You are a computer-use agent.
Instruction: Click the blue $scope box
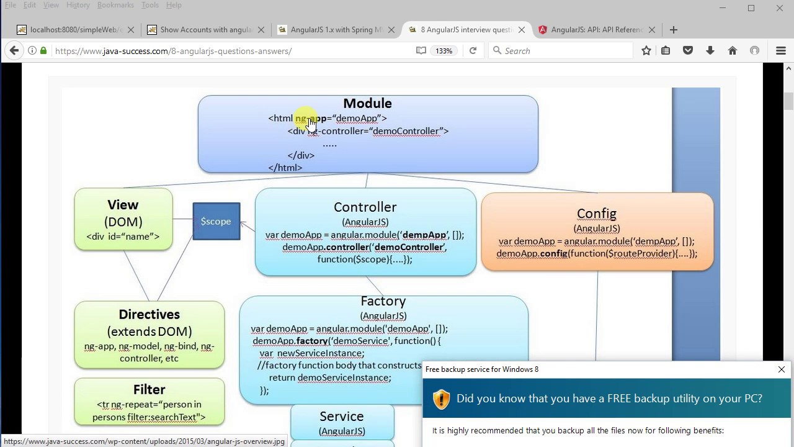216,222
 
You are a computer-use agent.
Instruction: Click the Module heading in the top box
367,104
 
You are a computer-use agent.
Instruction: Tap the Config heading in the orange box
596,214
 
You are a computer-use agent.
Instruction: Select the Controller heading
365,207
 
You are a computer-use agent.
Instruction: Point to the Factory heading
383,301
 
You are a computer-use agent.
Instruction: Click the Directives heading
149,315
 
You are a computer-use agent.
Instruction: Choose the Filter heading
149,390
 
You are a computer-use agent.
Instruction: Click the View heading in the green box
123,205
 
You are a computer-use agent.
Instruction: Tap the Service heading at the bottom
341,417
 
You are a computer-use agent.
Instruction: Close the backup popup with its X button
781,369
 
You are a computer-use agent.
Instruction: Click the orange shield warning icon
441,399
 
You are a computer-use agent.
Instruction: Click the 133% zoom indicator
444,51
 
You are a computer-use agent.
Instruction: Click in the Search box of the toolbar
564,51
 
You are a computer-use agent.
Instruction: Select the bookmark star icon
646,51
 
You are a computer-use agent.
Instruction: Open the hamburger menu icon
780,51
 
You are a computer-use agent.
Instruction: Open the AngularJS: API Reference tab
592,30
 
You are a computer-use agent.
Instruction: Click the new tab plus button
674,30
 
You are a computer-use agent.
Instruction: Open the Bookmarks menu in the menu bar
115,5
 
